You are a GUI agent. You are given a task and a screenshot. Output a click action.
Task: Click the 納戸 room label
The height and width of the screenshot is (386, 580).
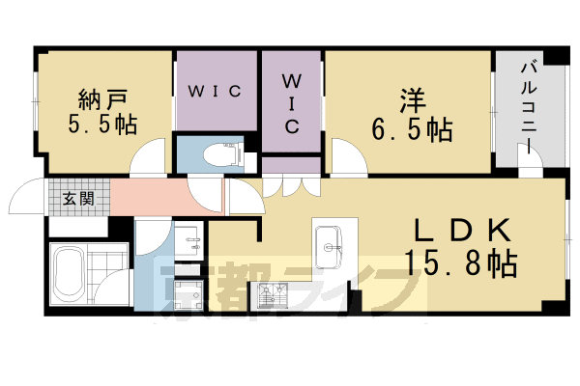(x=101, y=98)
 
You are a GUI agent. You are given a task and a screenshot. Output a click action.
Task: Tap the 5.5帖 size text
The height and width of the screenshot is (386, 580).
(x=101, y=124)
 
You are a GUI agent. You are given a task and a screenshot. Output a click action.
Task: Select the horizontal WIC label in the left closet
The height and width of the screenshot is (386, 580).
(x=215, y=92)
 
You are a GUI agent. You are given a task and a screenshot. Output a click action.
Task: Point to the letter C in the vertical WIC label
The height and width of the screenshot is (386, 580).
(x=291, y=125)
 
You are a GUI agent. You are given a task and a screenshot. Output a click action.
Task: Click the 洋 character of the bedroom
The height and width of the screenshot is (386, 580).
(x=410, y=100)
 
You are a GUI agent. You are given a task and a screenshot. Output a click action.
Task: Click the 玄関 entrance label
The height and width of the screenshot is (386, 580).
(x=77, y=201)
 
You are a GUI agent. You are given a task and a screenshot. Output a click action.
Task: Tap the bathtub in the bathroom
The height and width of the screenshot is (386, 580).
(x=71, y=273)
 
